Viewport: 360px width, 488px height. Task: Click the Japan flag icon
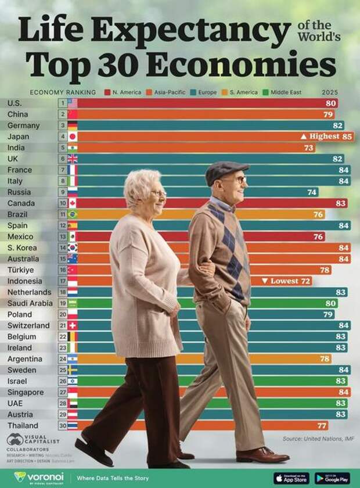(x=72, y=137)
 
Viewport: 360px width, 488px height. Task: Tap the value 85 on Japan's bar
(x=347, y=137)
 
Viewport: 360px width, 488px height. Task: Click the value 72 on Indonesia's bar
(x=305, y=281)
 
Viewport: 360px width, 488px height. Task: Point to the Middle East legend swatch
(x=265, y=92)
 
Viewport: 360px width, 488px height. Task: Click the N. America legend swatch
(x=107, y=92)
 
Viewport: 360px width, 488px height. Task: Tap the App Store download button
(x=291, y=478)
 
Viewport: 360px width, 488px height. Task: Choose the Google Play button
(x=332, y=478)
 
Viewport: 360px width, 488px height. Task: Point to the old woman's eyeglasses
(x=158, y=193)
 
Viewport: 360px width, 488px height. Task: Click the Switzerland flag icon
(x=72, y=325)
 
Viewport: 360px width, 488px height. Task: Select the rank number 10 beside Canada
(x=62, y=203)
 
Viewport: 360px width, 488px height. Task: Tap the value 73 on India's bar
(x=308, y=148)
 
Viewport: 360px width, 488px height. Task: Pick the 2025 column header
(x=329, y=92)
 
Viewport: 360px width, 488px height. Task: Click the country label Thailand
(x=23, y=425)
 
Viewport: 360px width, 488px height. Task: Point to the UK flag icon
(x=72, y=159)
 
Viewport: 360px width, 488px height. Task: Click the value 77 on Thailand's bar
(x=322, y=425)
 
